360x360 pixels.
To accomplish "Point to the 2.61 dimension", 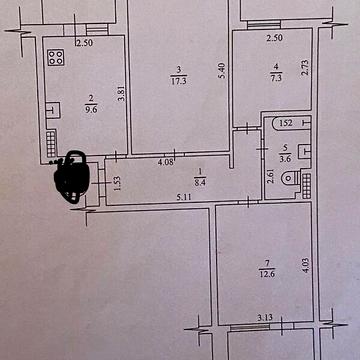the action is coord(269,177).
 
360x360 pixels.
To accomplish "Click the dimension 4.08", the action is coord(167,160).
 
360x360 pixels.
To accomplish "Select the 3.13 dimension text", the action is coord(265,319).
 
